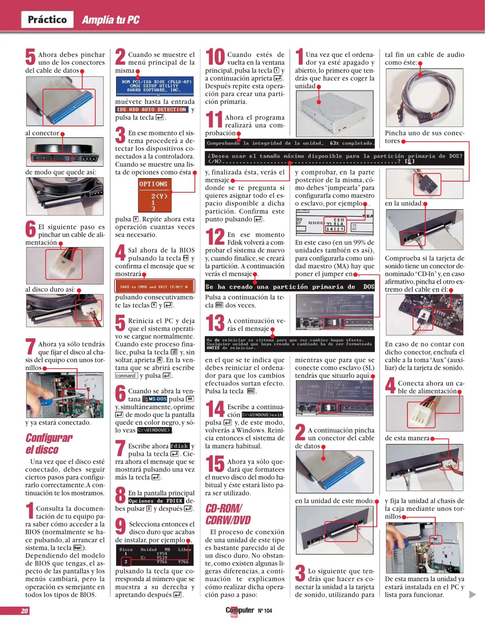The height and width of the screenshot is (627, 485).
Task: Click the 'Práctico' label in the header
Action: click(x=47, y=19)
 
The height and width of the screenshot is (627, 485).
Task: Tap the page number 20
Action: click(x=25, y=611)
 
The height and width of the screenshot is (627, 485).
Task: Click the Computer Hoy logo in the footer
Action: click(x=240, y=611)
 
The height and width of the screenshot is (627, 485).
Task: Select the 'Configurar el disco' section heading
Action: click(x=49, y=444)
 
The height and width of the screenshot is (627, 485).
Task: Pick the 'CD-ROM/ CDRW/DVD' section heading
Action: click(x=228, y=514)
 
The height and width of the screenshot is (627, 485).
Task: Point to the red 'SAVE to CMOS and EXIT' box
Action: click(x=154, y=287)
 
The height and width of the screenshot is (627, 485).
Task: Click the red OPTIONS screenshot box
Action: click(x=155, y=195)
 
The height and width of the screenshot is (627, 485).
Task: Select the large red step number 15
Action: click(x=215, y=464)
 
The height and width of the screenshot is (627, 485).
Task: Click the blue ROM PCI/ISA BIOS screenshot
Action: click(x=155, y=86)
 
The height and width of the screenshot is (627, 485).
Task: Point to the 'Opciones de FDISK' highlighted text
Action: click(x=156, y=501)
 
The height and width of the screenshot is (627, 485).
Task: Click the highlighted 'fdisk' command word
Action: click(x=180, y=446)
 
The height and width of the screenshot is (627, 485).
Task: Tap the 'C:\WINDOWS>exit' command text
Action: click(x=262, y=415)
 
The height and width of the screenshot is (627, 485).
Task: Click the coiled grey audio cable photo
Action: click(x=424, y=98)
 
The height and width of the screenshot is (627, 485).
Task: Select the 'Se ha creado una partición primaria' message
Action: click(x=290, y=286)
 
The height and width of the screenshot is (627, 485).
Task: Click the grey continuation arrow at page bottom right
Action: click(x=473, y=594)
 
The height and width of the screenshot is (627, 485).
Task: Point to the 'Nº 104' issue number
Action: click(x=265, y=611)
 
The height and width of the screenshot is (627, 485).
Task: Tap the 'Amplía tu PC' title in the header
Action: click(x=111, y=20)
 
